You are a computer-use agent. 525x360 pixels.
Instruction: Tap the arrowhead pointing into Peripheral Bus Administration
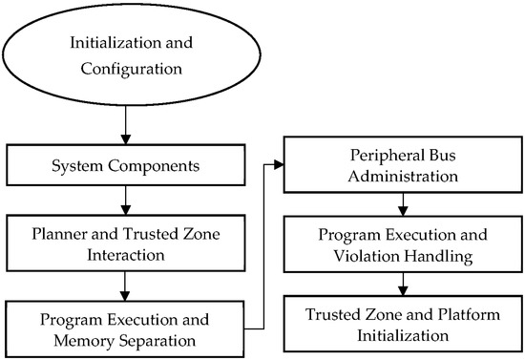click(x=281, y=164)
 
